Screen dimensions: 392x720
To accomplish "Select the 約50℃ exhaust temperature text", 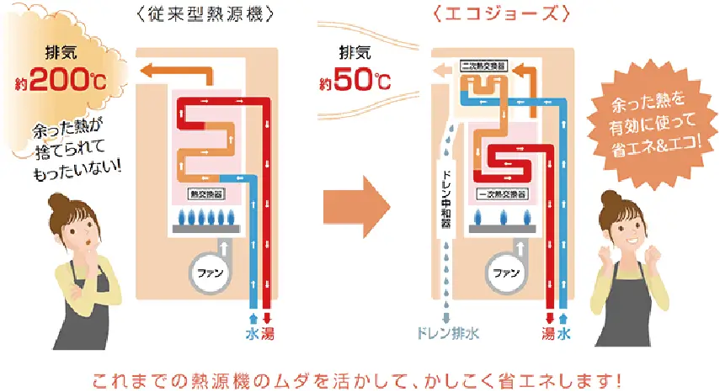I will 355,82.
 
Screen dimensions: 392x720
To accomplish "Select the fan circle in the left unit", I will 205,273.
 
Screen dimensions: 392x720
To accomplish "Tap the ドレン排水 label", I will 447,333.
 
